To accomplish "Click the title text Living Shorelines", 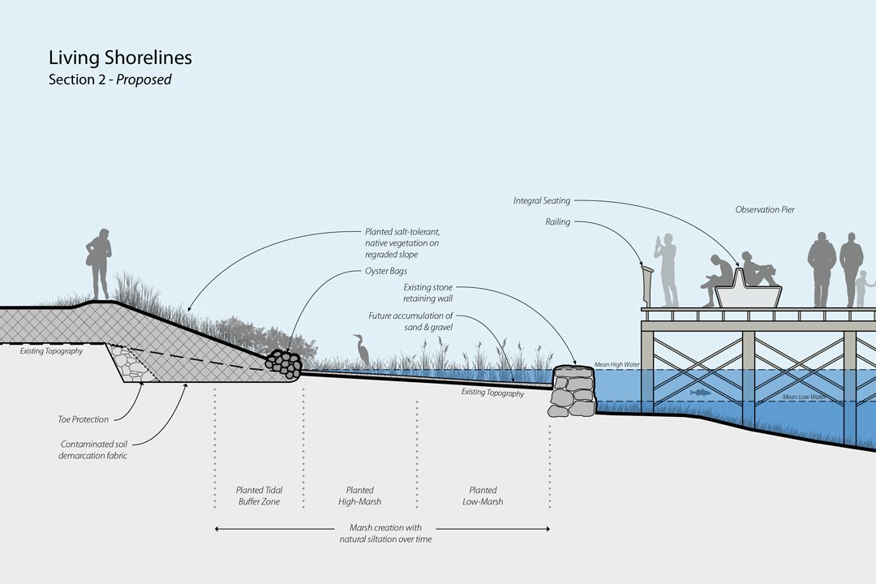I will pos(120,58).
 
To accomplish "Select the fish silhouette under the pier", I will pos(699,393).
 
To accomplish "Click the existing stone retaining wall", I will pos(573,392).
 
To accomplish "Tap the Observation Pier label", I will pos(765,210).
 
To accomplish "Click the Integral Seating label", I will pos(542,200).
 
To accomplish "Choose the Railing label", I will pos(558,221).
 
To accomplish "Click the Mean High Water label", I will pos(617,366).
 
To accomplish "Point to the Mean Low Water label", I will pos(805,397).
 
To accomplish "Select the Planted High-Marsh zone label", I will pos(360,496).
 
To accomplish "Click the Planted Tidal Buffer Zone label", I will pos(259,496).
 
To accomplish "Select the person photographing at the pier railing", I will pos(667,271).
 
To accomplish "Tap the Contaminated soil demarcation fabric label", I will pos(93,450).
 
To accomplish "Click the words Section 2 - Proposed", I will pos(109,80).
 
